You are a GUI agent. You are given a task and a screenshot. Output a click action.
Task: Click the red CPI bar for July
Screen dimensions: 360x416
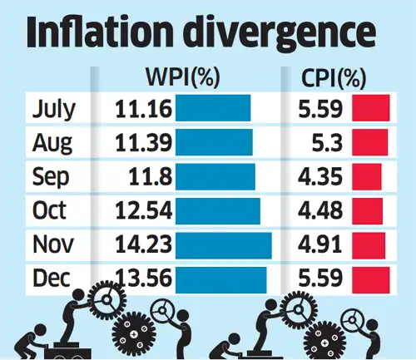point(371,109)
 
